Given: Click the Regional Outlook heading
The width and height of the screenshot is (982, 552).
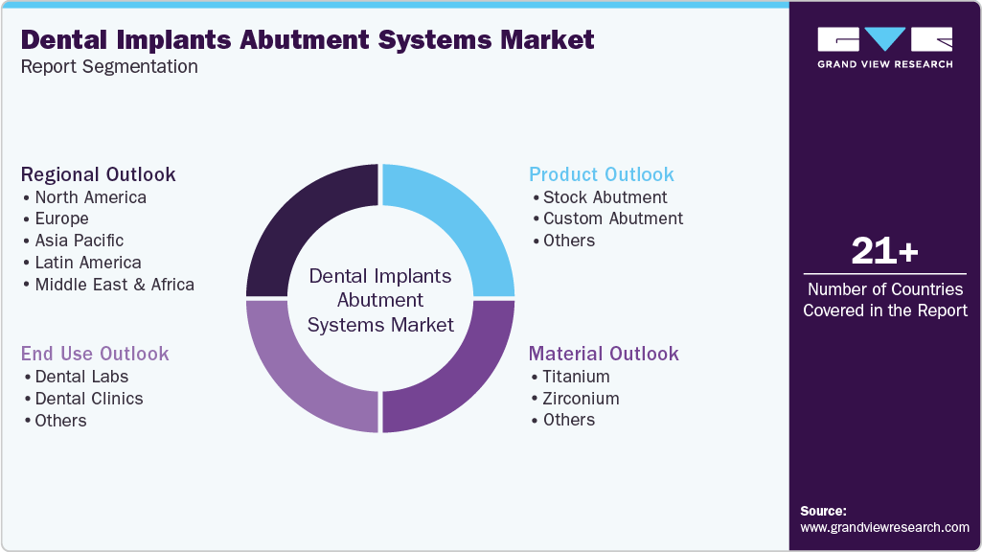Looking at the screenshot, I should (99, 174).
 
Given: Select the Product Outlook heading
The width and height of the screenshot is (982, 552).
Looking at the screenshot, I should (602, 174).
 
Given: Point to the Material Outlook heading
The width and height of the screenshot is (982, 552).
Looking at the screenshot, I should (604, 354).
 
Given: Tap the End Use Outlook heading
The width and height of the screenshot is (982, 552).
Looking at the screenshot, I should (95, 354).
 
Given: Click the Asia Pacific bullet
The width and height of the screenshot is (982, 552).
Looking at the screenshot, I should (79, 241).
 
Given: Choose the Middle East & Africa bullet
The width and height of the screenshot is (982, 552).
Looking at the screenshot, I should (114, 285).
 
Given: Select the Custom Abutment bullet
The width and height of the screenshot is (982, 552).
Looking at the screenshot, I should (612, 218).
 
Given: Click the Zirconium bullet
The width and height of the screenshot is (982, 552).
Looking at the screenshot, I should (581, 398).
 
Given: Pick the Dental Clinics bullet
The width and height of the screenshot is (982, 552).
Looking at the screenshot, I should (88, 399).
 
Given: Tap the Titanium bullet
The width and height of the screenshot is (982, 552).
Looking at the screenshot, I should (576, 377).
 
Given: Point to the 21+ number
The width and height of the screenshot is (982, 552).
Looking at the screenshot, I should (884, 251).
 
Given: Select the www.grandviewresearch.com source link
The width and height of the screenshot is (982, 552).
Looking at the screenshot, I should (884, 527).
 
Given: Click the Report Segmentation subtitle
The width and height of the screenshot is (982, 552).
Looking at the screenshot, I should (109, 66).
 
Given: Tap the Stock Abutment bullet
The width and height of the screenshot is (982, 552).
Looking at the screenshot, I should (605, 197).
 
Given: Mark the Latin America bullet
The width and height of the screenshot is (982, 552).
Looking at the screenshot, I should (87, 263).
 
